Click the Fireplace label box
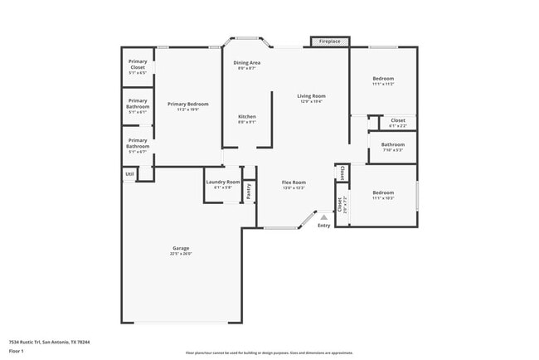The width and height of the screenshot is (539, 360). click(329, 41)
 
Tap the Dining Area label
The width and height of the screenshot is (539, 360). click(247, 63)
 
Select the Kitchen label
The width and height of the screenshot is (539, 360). click(247, 117)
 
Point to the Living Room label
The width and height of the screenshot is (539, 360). click(311, 96)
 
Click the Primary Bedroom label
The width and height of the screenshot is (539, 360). click(188, 105)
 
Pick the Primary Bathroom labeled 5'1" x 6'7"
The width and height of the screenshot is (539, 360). click(138, 144)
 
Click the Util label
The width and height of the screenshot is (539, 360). click(129, 174)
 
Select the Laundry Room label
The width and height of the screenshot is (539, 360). click(223, 182)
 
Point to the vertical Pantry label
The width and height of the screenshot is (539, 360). click(248, 191)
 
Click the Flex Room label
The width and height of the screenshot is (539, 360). click(294, 182)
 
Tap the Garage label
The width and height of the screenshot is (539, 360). click(181, 249)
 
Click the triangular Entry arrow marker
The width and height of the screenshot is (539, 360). click(324, 216)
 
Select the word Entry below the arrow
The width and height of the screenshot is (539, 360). click(323, 225)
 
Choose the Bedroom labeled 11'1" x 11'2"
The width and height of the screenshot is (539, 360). click(383, 79)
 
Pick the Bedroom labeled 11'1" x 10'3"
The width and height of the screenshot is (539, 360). click(383, 192)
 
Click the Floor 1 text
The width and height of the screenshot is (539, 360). click(17, 351)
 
